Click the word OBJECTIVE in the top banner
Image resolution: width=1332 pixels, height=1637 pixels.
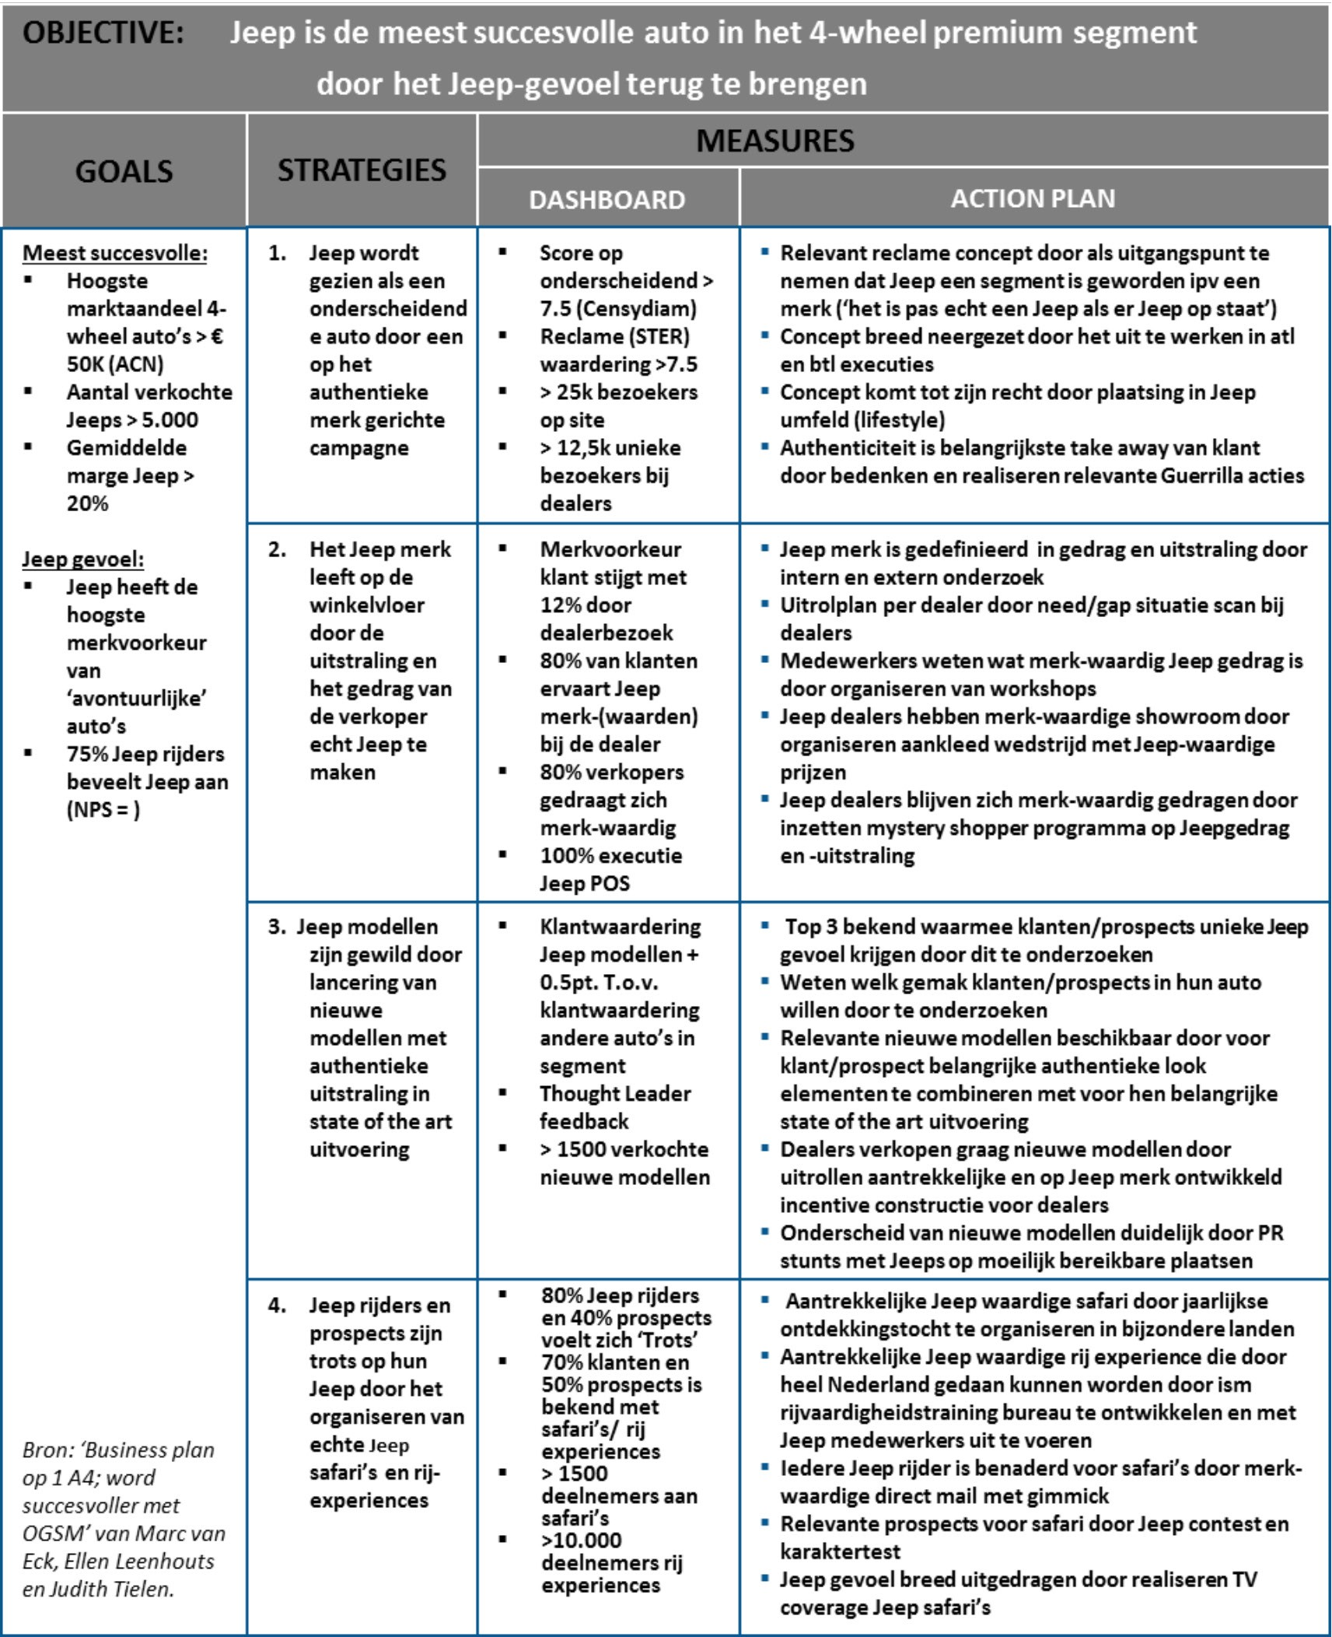click(103, 33)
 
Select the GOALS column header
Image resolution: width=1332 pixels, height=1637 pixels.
click(124, 171)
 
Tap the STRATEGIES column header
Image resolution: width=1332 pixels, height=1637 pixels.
click(362, 170)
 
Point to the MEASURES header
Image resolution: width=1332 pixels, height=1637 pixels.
click(774, 141)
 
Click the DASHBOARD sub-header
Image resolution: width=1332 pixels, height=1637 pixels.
click(607, 200)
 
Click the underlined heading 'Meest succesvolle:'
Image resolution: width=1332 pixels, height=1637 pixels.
click(115, 253)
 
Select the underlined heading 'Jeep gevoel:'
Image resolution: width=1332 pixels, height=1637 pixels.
click(82, 559)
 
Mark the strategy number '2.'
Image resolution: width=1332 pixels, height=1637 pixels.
click(277, 549)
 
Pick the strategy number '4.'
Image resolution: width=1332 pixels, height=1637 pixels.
click(277, 1305)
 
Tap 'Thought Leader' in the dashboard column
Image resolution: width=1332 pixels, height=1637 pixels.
click(615, 1093)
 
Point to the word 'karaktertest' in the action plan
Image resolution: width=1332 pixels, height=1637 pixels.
click(840, 1551)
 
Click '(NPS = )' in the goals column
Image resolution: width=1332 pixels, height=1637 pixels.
click(103, 810)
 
